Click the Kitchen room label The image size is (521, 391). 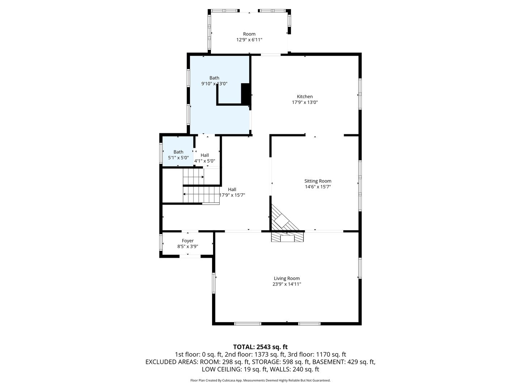click(x=305, y=97)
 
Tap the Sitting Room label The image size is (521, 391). click(x=318, y=181)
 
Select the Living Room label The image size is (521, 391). click(x=287, y=278)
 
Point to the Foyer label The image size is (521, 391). click(x=187, y=241)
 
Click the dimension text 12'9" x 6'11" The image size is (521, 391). click(x=249, y=40)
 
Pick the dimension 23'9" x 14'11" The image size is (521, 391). click(x=287, y=284)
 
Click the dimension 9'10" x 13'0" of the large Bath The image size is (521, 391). click(x=214, y=84)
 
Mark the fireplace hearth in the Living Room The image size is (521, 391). click(x=287, y=237)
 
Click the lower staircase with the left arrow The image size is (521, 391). click(x=201, y=194)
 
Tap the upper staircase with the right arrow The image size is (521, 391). click(x=193, y=176)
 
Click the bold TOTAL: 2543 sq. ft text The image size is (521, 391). click(x=260, y=347)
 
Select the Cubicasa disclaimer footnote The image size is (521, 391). click(x=260, y=381)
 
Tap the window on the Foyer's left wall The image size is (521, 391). click(x=161, y=243)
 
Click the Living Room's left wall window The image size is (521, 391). click(x=213, y=283)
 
